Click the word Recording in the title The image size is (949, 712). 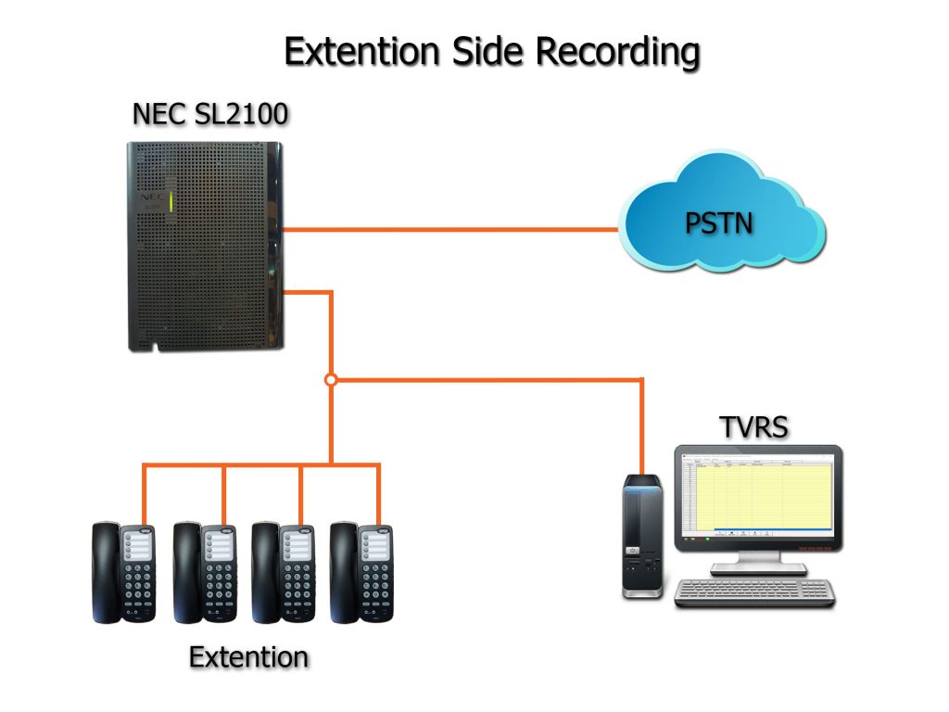(x=618, y=52)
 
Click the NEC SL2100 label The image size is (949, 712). (x=209, y=114)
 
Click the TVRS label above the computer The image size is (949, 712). (x=753, y=428)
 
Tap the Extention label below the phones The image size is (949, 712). (x=248, y=657)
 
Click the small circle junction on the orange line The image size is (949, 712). (x=331, y=379)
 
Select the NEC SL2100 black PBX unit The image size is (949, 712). (x=205, y=245)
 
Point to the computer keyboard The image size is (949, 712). (x=754, y=592)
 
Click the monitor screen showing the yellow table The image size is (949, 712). (x=759, y=495)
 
